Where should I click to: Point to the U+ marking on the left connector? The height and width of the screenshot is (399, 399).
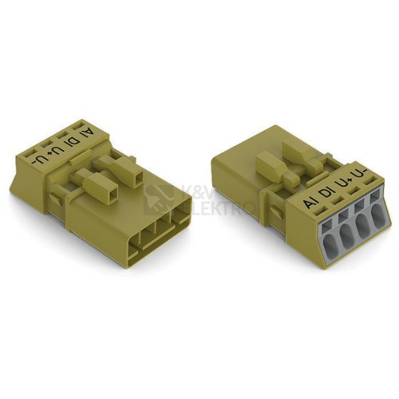tap(53, 152)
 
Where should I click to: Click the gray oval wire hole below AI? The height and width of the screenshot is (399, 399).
tap(330, 244)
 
